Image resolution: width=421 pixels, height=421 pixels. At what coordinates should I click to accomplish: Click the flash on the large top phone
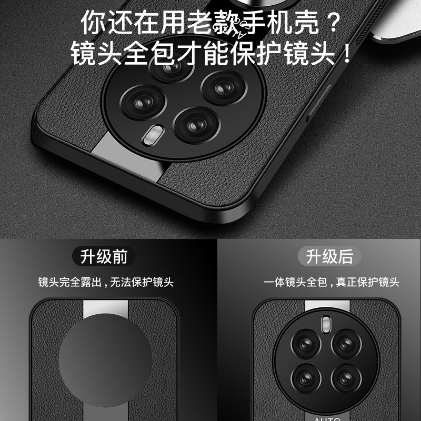pyautogui.click(x=153, y=135)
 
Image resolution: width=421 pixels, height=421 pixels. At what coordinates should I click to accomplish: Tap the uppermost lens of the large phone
pyautogui.click(x=172, y=66)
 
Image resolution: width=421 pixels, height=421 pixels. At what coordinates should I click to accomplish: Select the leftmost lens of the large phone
pyautogui.click(x=143, y=102)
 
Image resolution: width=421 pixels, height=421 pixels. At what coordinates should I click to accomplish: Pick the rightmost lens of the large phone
pyautogui.click(x=224, y=88)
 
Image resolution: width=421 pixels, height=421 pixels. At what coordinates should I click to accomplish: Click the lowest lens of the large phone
pyautogui.click(x=197, y=125)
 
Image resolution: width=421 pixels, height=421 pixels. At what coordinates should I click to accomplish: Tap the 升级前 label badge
pyautogui.click(x=104, y=256)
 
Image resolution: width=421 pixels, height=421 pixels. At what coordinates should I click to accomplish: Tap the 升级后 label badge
pyautogui.click(x=329, y=256)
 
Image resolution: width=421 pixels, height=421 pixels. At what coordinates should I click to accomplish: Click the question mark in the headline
pyautogui.click(x=333, y=22)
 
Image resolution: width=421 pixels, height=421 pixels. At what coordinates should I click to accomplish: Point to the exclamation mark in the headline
pyautogui.click(x=347, y=53)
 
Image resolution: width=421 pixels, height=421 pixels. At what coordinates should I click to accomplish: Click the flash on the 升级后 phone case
pyautogui.click(x=326, y=324)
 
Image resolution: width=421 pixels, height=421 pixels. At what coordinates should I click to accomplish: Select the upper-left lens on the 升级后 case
pyautogui.click(x=306, y=344)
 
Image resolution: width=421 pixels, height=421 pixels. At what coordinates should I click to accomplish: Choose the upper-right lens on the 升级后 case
pyautogui.click(x=346, y=344)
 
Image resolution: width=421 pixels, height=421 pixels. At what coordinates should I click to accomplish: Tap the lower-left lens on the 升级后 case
pyautogui.click(x=306, y=378)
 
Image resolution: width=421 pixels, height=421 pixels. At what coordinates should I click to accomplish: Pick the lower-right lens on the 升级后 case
pyautogui.click(x=346, y=378)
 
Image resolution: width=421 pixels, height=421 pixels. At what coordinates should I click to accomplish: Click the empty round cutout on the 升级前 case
pyautogui.click(x=105, y=360)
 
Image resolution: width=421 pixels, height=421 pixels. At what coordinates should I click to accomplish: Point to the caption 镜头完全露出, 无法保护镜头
pyautogui.click(x=106, y=282)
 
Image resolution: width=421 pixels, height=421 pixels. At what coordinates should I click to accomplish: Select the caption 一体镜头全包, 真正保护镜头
pyautogui.click(x=332, y=282)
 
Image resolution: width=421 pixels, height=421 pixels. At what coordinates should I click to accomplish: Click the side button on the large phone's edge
pyautogui.click(x=319, y=100)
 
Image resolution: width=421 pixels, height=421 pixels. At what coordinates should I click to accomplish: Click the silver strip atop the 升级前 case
pyautogui.click(x=106, y=309)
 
